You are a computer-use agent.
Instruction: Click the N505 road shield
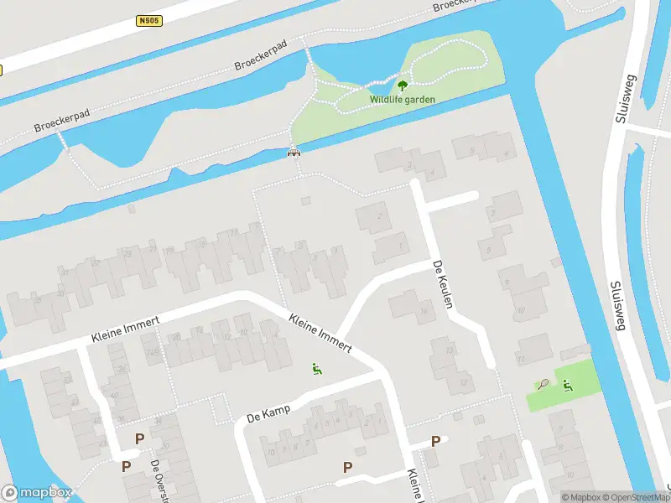click(x=148, y=20)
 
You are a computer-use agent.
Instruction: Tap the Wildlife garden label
click(x=403, y=99)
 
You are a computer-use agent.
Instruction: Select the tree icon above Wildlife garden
click(x=403, y=85)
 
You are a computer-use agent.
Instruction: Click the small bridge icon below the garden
click(x=294, y=153)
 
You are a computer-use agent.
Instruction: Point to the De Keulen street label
click(x=443, y=284)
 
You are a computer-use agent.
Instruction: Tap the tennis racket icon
click(x=544, y=385)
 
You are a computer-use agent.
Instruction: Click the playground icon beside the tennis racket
click(x=567, y=385)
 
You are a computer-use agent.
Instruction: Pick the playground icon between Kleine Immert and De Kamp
click(x=317, y=368)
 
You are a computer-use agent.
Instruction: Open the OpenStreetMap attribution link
click(x=637, y=497)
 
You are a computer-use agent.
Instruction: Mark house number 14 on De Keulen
click(x=424, y=312)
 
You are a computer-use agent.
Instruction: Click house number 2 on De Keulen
click(x=380, y=217)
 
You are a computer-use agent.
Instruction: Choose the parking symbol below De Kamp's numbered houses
click(x=347, y=467)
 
